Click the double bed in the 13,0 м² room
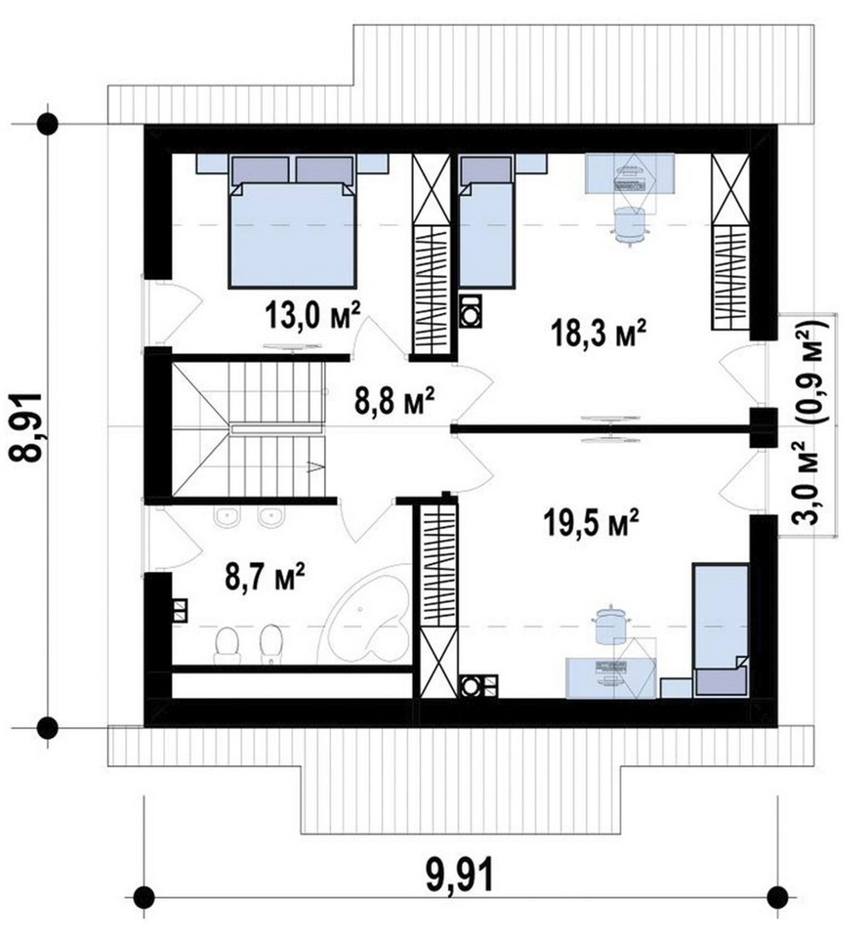pyautogui.click(x=292, y=221)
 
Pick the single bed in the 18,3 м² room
pyautogui.click(x=487, y=222)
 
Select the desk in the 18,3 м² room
pyautogui.click(x=630, y=174)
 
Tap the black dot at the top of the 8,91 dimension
pyautogui.click(x=47, y=124)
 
